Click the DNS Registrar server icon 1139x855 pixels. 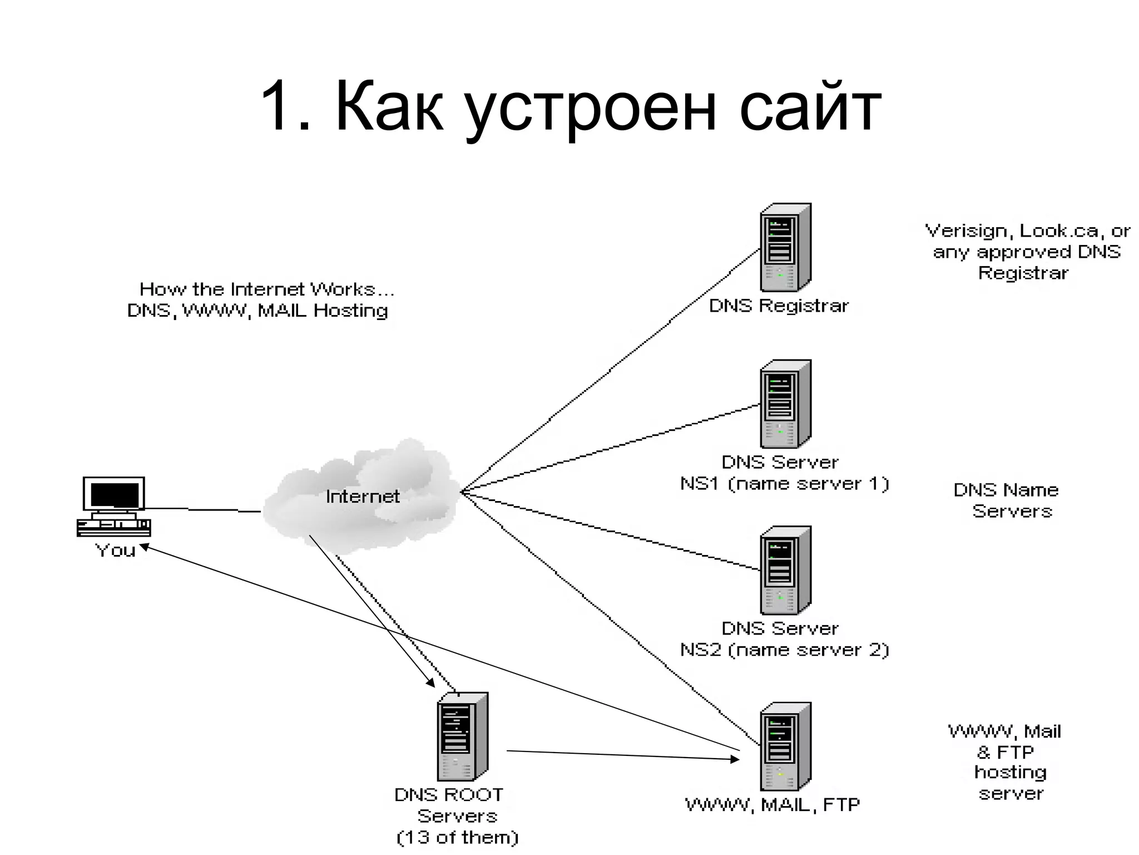[785, 247]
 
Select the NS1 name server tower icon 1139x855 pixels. [785, 404]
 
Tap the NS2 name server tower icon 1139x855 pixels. [785, 570]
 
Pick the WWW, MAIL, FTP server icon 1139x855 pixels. [785, 746]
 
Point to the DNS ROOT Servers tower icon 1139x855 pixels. [463, 736]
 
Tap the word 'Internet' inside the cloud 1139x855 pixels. [363, 496]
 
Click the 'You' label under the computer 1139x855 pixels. [115, 550]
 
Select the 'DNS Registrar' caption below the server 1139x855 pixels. [779, 306]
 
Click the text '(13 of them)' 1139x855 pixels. [457, 837]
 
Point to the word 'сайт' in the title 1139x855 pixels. [810, 107]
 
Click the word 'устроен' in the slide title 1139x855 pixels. [591, 107]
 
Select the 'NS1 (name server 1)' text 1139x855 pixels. [785, 483]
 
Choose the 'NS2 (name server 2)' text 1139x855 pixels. [785, 650]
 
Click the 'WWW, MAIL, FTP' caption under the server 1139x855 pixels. [772, 804]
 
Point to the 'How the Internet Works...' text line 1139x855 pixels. [266, 289]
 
